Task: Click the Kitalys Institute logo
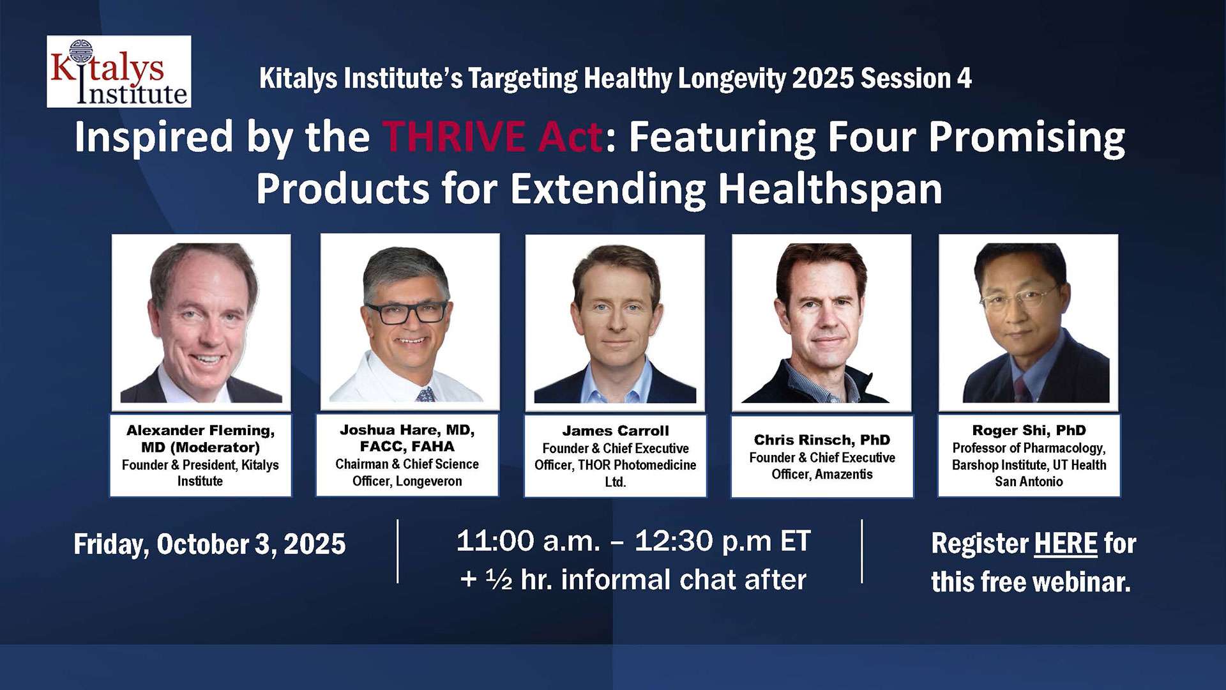click(x=119, y=72)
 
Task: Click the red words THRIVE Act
click(x=492, y=137)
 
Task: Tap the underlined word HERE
click(x=1066, y=544)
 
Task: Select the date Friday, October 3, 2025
click(x=209, y=544)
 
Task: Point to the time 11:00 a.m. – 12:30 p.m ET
click(x=633, y=541)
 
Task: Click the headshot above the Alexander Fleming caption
click(x=201, y=322)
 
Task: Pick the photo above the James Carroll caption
click(x=615, y=323)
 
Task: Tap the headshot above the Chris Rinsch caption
click(x=822, y=323)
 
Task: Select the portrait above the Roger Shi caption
click(x=1029, y=323)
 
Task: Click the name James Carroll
click(x=616, y=431)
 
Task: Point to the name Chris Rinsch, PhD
click(x=822, y=440)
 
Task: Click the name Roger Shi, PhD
click(x=1029, y=430)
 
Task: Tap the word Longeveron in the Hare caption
click(x=429, y=481)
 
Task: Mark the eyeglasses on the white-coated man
click(x=406, y=312)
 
